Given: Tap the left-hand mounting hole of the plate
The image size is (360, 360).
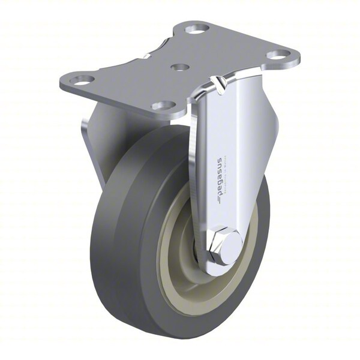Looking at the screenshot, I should (82, 79).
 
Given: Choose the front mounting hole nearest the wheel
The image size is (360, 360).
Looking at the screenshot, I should (161, 106).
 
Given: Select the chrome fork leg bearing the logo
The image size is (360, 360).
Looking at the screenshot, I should (231, 150).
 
